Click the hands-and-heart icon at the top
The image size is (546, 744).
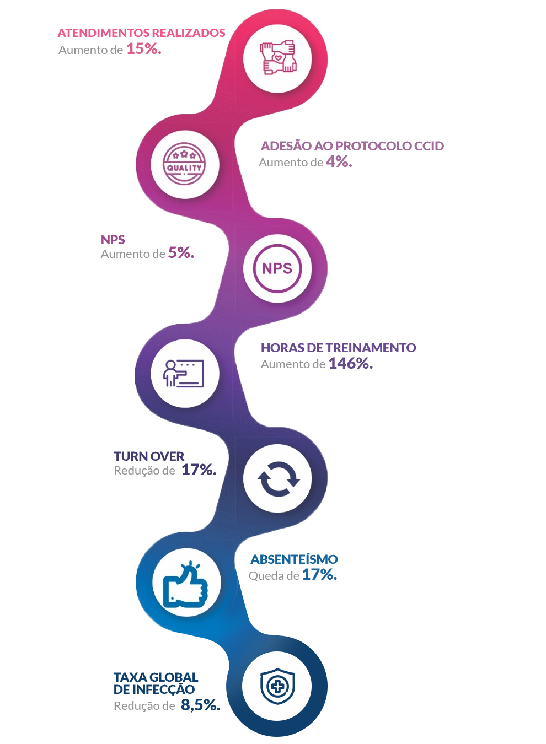pos(278,58)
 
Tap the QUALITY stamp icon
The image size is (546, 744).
pos(184,164)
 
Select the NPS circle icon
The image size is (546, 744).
pos(277,268)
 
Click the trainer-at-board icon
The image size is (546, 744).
pos(184,374)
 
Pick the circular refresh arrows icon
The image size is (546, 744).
pos(279,478)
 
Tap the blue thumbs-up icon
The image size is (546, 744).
pos(185,584)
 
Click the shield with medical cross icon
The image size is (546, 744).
pos(277,686)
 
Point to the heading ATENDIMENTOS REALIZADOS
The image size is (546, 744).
pos(142,33)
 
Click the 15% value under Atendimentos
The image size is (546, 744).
pos(143,48)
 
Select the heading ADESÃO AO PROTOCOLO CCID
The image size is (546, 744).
pos(352,146)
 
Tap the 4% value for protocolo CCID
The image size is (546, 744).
pos(338,161)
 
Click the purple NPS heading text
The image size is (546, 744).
pos(113,240)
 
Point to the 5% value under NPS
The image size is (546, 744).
pos(181,253)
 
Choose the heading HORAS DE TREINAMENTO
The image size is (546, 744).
pos(338,348)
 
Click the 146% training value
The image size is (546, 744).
pos(350,363)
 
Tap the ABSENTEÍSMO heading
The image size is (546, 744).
pos(294,559)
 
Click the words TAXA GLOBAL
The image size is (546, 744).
pos(156,677)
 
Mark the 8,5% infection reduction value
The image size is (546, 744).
pos(200,705)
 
